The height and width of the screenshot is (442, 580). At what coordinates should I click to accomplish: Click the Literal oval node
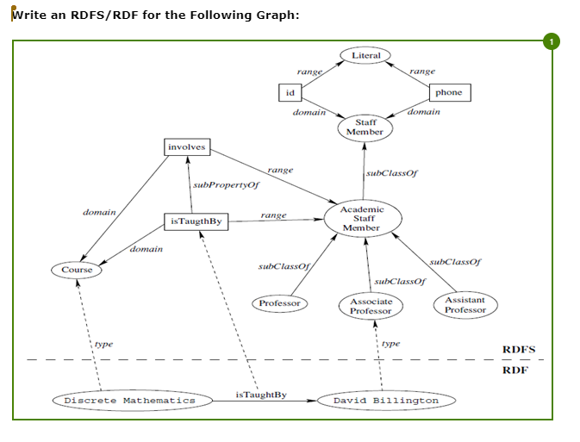point(366,55)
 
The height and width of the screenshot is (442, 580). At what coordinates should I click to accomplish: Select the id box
point(290,92)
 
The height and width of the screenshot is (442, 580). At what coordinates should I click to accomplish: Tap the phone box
point(449,92)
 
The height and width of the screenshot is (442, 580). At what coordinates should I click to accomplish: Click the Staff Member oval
point(365,128)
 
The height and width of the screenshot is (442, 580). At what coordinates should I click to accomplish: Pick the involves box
point(187,147)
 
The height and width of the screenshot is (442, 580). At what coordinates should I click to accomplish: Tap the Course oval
point(77,270)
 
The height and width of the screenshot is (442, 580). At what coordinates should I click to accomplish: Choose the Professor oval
point(280,303)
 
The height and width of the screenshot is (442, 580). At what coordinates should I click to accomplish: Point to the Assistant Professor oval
point(465,305)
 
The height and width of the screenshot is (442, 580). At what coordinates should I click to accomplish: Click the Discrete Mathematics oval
point(130,401)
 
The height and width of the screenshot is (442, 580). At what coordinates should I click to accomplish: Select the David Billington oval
point(386,401)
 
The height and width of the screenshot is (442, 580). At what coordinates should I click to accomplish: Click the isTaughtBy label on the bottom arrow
point(260,395)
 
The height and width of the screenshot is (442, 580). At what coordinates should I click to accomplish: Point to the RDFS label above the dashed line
point(519,350)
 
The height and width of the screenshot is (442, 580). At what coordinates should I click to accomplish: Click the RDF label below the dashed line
point(515,370)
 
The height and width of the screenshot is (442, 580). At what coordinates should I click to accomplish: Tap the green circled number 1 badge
point(552,40)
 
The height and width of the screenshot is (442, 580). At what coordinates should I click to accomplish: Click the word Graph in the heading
point(272,16)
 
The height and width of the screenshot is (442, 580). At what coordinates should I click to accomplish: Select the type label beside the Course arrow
point(103,344)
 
